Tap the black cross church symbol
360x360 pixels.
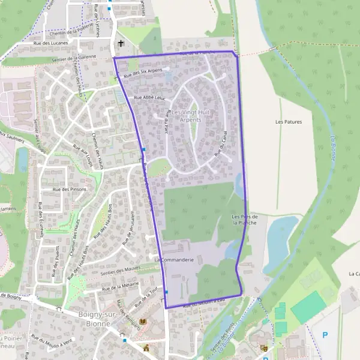coord(121,43)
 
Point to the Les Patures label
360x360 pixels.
coord(288,121)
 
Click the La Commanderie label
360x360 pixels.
coord(173,260)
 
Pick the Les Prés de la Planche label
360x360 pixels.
coord(245,219)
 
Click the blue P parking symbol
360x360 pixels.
coord(325,335)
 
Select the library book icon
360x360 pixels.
coord(142,322)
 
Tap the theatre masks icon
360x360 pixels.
coord(264,347)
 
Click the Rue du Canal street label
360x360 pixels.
coord(222,145)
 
